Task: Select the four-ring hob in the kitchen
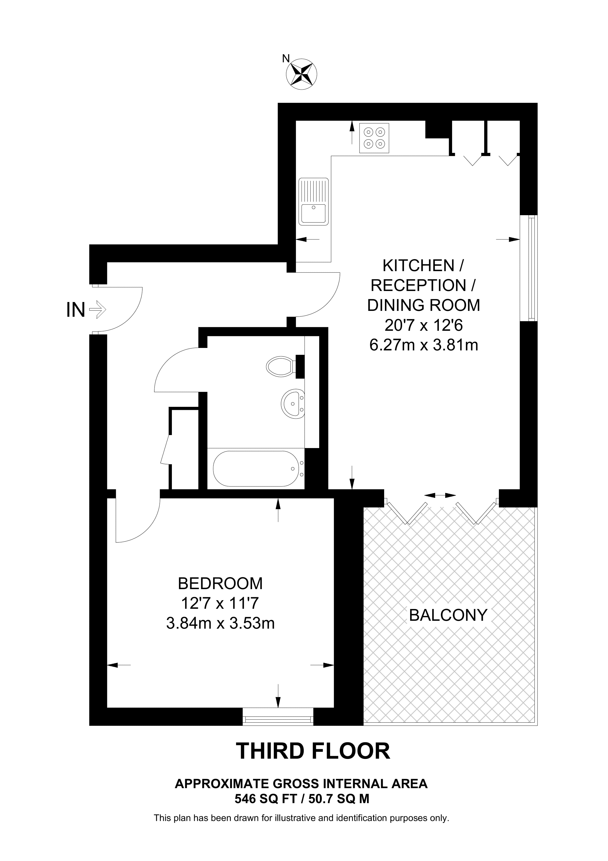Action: pos(374,138)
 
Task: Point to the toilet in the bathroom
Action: pos(281,366)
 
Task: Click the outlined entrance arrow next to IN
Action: pos(98,310)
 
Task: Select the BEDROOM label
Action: pos(220,584)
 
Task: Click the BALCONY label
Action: pos(448,615)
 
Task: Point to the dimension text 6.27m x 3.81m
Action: pos(424,345)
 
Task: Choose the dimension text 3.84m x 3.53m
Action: pos(220,623)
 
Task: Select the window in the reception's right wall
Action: pos(529,268)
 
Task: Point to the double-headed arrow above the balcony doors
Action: pos(441,496)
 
